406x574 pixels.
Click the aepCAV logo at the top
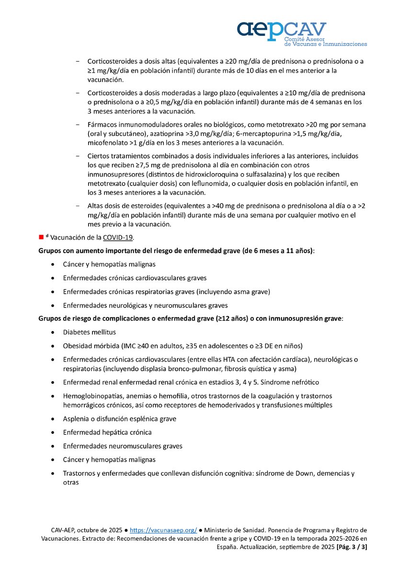tap(302, 33)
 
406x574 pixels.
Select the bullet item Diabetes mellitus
tap(89, 332)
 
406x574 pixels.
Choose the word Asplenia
tap(76, 419)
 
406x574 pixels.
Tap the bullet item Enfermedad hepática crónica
tap(107, 432)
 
